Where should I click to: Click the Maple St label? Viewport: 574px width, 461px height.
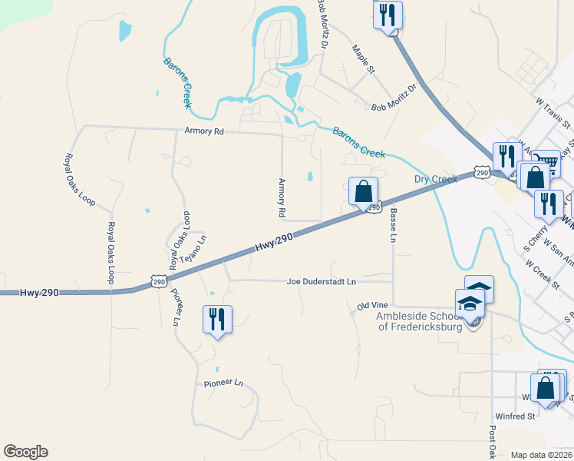click(x=362, y=59)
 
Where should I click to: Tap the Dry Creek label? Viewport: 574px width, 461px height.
click(x=436, y=179)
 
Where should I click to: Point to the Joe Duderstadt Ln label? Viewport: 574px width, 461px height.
click(x=322, y=282)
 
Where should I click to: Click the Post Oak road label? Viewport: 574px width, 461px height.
click(x=492, y=442)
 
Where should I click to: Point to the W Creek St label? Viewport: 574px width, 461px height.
click(x=542, y=274)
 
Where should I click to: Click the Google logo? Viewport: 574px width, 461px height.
click(x=25, y=452)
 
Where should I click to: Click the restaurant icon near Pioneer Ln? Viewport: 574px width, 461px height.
click(x=217, y=319)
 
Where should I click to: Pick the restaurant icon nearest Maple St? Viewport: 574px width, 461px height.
click(x=388, y=15)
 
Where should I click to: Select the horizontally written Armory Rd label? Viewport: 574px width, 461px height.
click(x=203, y=132)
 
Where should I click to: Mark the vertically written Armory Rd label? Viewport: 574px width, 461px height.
click(x=282, y=197)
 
